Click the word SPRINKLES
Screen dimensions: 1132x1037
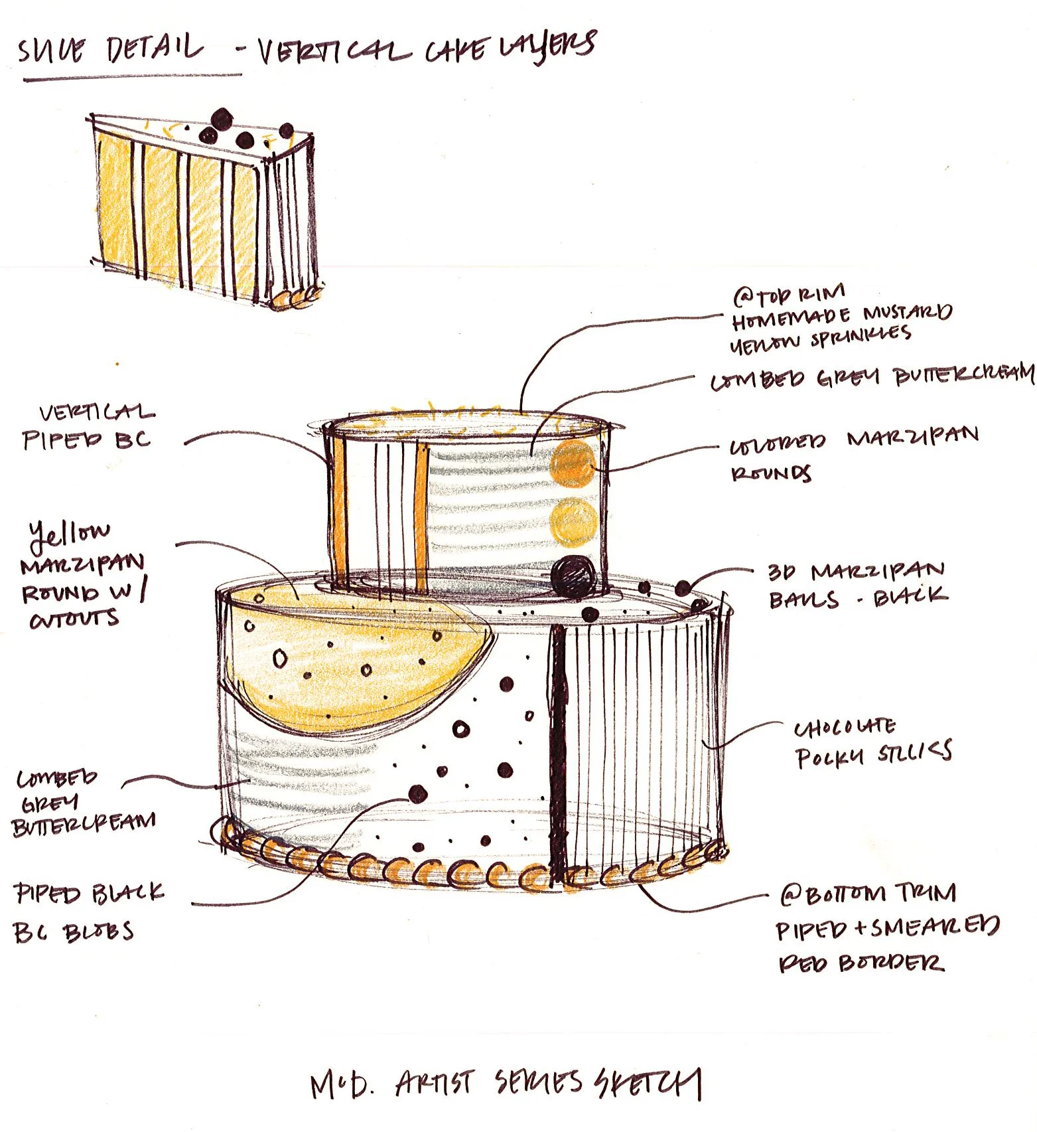pyautogui.click(x=860, y=337)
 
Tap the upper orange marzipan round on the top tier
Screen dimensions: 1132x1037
pyautogui.click(x=573, y=463)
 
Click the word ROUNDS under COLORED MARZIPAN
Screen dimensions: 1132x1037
pyautogui.click(x=770, y=473)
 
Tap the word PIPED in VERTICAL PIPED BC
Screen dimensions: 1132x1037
pyautogui.click(x=62, y=440)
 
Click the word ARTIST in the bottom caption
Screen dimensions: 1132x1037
pyautogui.click(x=434, y=1084)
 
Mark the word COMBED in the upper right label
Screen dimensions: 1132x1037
pyautogui.click(x=757, y=380)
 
